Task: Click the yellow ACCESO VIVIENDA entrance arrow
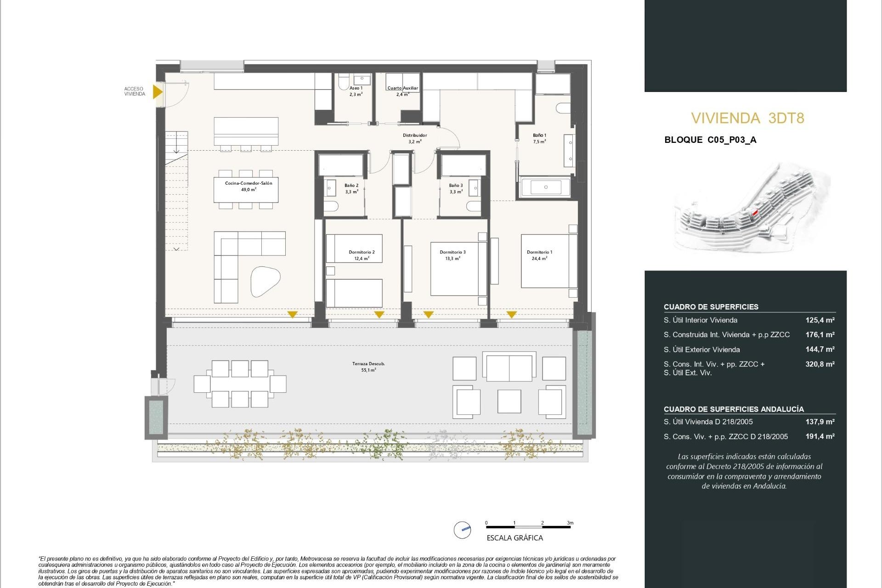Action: (x=157, y=91)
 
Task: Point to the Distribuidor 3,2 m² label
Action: (x=414, y=138)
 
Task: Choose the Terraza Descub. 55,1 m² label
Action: (x=368, y=367)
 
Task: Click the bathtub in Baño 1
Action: (x=545, y=187)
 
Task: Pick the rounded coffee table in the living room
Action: (x=265, y=281)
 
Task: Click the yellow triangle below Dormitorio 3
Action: (x=428, y=315)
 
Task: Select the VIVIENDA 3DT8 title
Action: (x=747, y=119)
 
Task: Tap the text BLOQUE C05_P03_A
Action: (x=710, y=140)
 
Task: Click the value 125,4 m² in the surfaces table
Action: (x=820, y=320)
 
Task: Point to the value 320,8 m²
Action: (x=820, y=364)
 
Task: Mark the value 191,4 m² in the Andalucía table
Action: (x=820, y=436)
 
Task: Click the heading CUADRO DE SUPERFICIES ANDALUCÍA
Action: (x=733, y=409)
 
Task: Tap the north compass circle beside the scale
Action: (x=462, y=530)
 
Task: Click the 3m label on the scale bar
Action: (x=570, y=523)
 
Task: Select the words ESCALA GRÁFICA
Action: (x=514, y=538)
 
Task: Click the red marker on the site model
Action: (x=754, y=213)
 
